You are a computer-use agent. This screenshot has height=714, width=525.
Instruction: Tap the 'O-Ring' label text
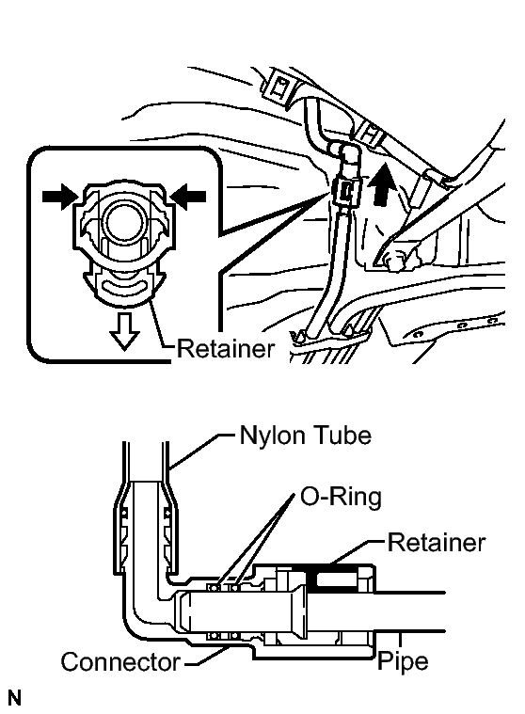pos(341,497)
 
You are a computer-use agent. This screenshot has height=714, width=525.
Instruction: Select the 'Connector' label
pos(120,661)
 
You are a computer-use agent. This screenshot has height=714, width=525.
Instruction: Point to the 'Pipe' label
pos(403,661)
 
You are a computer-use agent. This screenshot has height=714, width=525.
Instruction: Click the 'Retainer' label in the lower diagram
pos(437,543)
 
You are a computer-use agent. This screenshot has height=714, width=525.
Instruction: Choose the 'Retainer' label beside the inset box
pos(226,349)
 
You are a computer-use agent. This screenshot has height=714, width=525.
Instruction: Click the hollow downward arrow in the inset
pos(124,330)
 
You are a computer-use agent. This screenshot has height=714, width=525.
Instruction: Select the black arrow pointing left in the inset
pos(188,197)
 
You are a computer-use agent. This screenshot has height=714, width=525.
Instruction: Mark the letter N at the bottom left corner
pos(14,698)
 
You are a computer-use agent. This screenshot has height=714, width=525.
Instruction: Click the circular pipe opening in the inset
pos(125,220)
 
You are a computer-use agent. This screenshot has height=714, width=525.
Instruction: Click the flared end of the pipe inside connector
pos(300,611)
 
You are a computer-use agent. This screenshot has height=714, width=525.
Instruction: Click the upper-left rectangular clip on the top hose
pos(279,86)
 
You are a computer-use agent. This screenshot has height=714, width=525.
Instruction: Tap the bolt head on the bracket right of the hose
pos(394,260)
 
